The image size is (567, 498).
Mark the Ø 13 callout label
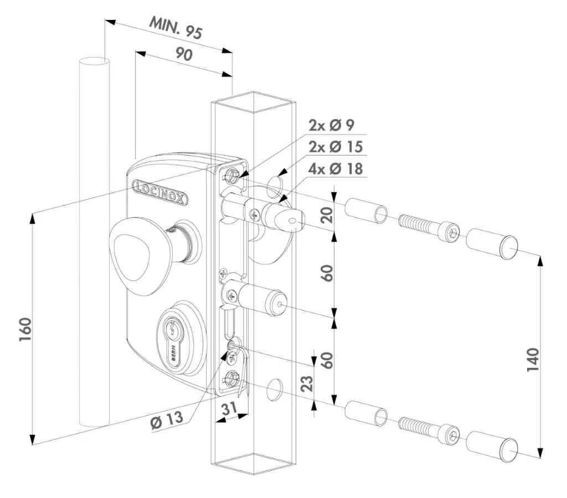(166, 421)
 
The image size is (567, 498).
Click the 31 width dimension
(230, 409)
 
